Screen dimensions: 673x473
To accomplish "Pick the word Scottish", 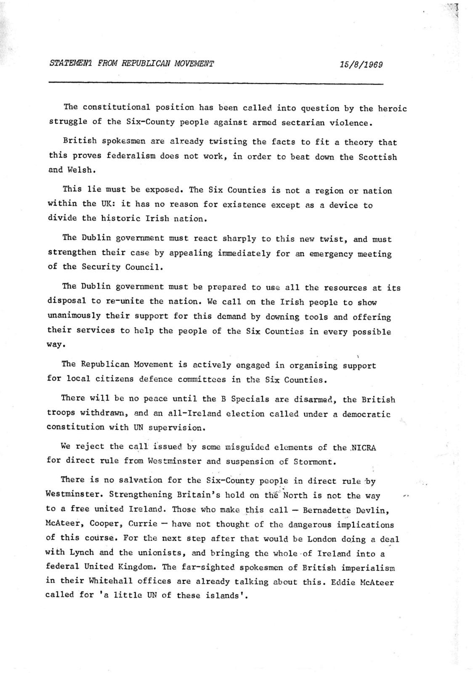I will coord(377,157).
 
